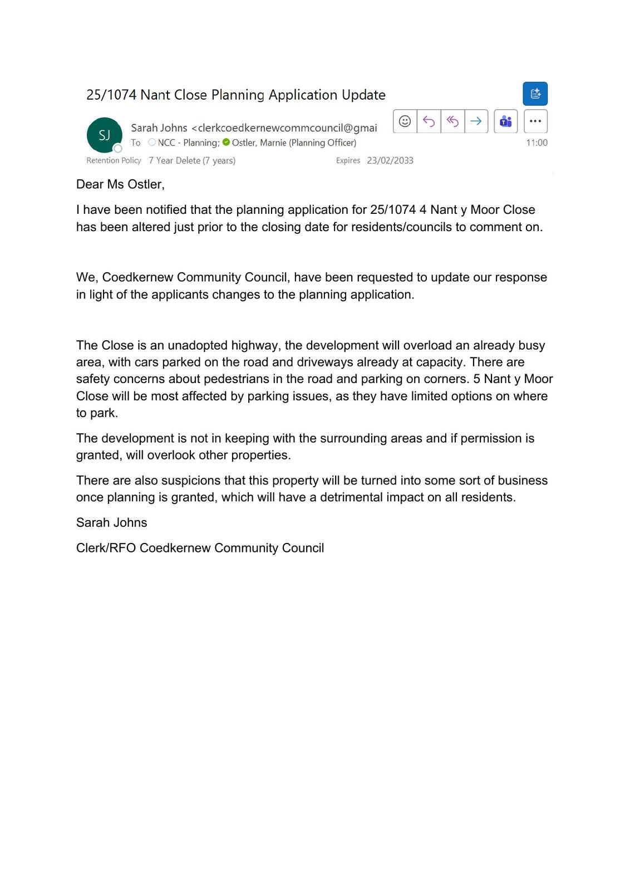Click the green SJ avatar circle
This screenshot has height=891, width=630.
click(104, 135)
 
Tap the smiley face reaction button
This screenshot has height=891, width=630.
click(405, 121)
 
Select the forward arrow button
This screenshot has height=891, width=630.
click(476, 121)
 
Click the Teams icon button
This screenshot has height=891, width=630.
click(505, 121)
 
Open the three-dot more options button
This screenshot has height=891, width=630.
click(535, 121)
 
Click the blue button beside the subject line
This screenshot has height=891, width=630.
click(535, 94)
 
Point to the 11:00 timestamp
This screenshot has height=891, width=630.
click(537, 143)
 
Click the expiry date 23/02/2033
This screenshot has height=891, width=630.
click(390, 160)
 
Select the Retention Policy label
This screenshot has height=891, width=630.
click(114, 160)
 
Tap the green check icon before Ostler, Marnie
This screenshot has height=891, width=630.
click(226, 142)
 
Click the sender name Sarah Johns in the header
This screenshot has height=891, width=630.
click(159, 128)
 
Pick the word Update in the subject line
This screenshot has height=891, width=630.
click(363, 95)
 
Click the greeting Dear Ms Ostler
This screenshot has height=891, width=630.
click(120, 184)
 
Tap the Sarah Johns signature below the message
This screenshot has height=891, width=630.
click(111, 523)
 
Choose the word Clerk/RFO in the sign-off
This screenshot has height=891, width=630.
click(106, 548)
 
